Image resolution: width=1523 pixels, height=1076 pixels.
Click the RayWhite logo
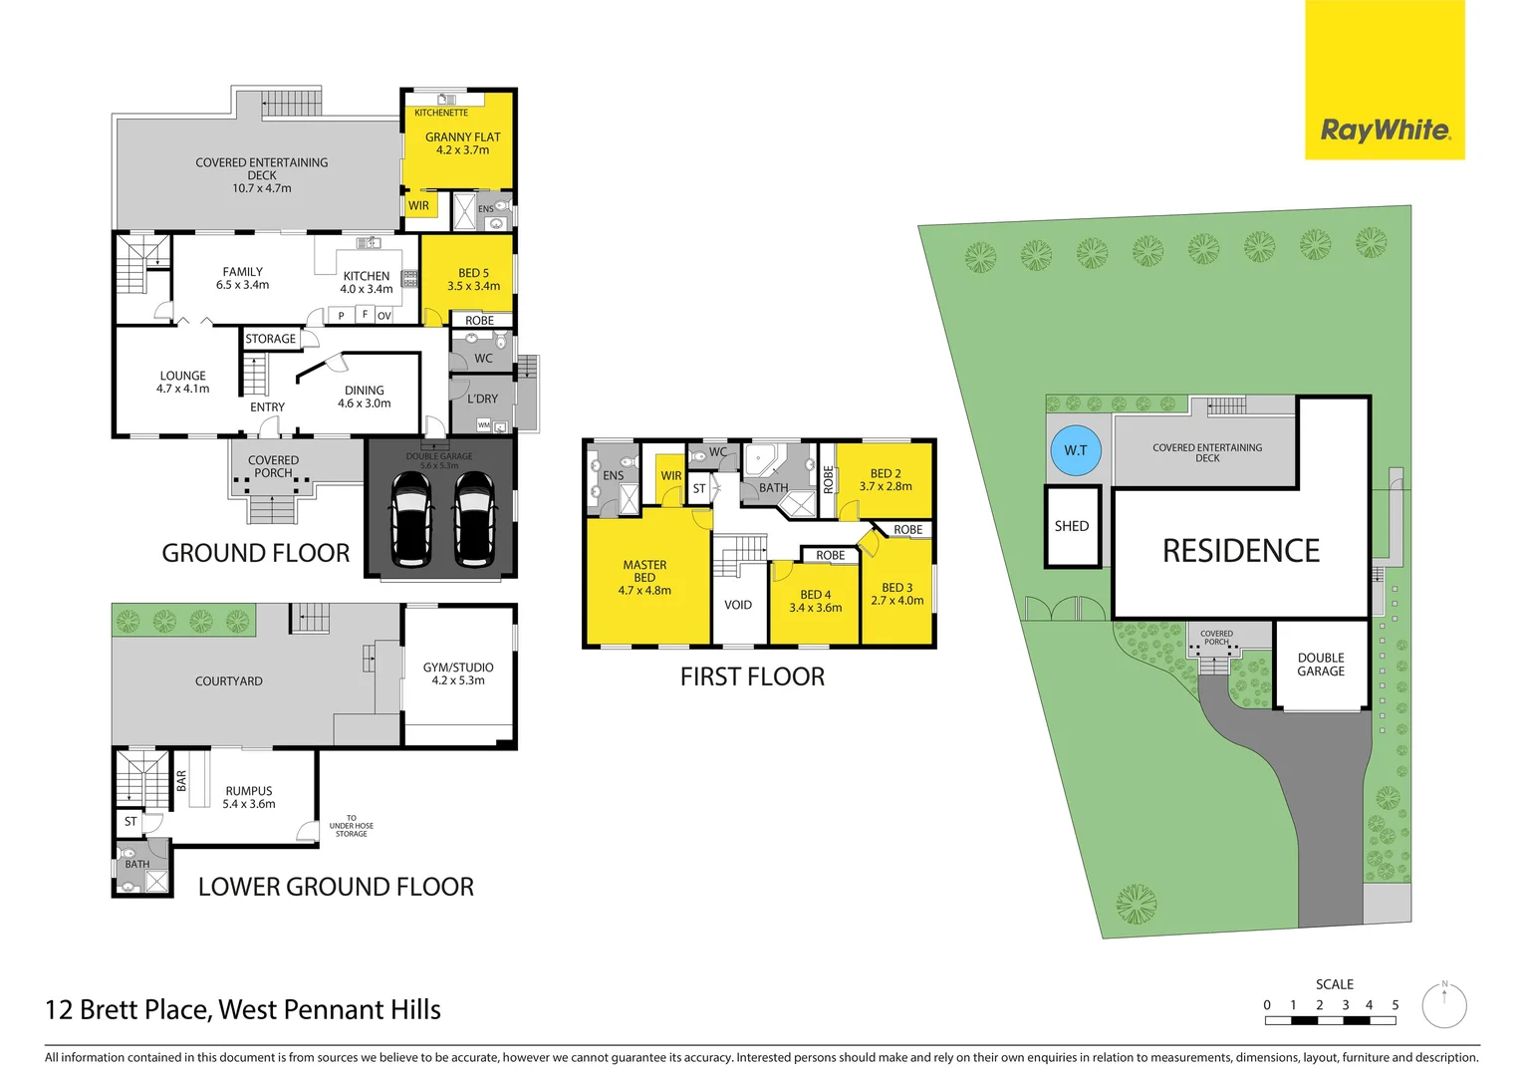1385,130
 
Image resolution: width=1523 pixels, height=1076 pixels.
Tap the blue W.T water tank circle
1075,450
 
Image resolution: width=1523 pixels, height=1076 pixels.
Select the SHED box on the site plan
1072,526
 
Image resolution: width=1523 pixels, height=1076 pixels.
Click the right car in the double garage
474,518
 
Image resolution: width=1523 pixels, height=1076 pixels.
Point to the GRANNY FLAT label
462,137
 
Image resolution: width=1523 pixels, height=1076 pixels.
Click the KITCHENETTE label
440,113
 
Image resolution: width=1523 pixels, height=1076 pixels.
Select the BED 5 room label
473,273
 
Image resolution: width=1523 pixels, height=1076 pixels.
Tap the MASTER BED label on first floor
644,571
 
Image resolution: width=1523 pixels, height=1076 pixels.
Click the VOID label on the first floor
738,605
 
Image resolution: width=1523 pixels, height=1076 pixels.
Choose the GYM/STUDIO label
458,668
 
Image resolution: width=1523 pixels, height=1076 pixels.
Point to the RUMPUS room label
249,791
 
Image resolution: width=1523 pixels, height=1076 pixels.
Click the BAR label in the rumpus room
181,780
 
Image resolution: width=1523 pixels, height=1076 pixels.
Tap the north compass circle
1443,1006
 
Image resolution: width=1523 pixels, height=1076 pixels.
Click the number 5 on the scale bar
1395,1005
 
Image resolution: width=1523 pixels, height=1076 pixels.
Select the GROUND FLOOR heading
256,553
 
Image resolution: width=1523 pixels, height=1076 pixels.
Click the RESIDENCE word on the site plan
1240,551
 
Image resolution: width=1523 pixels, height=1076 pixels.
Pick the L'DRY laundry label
483,399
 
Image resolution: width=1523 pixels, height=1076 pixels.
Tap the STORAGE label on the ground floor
271,339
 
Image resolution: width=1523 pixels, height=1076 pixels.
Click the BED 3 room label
896,588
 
